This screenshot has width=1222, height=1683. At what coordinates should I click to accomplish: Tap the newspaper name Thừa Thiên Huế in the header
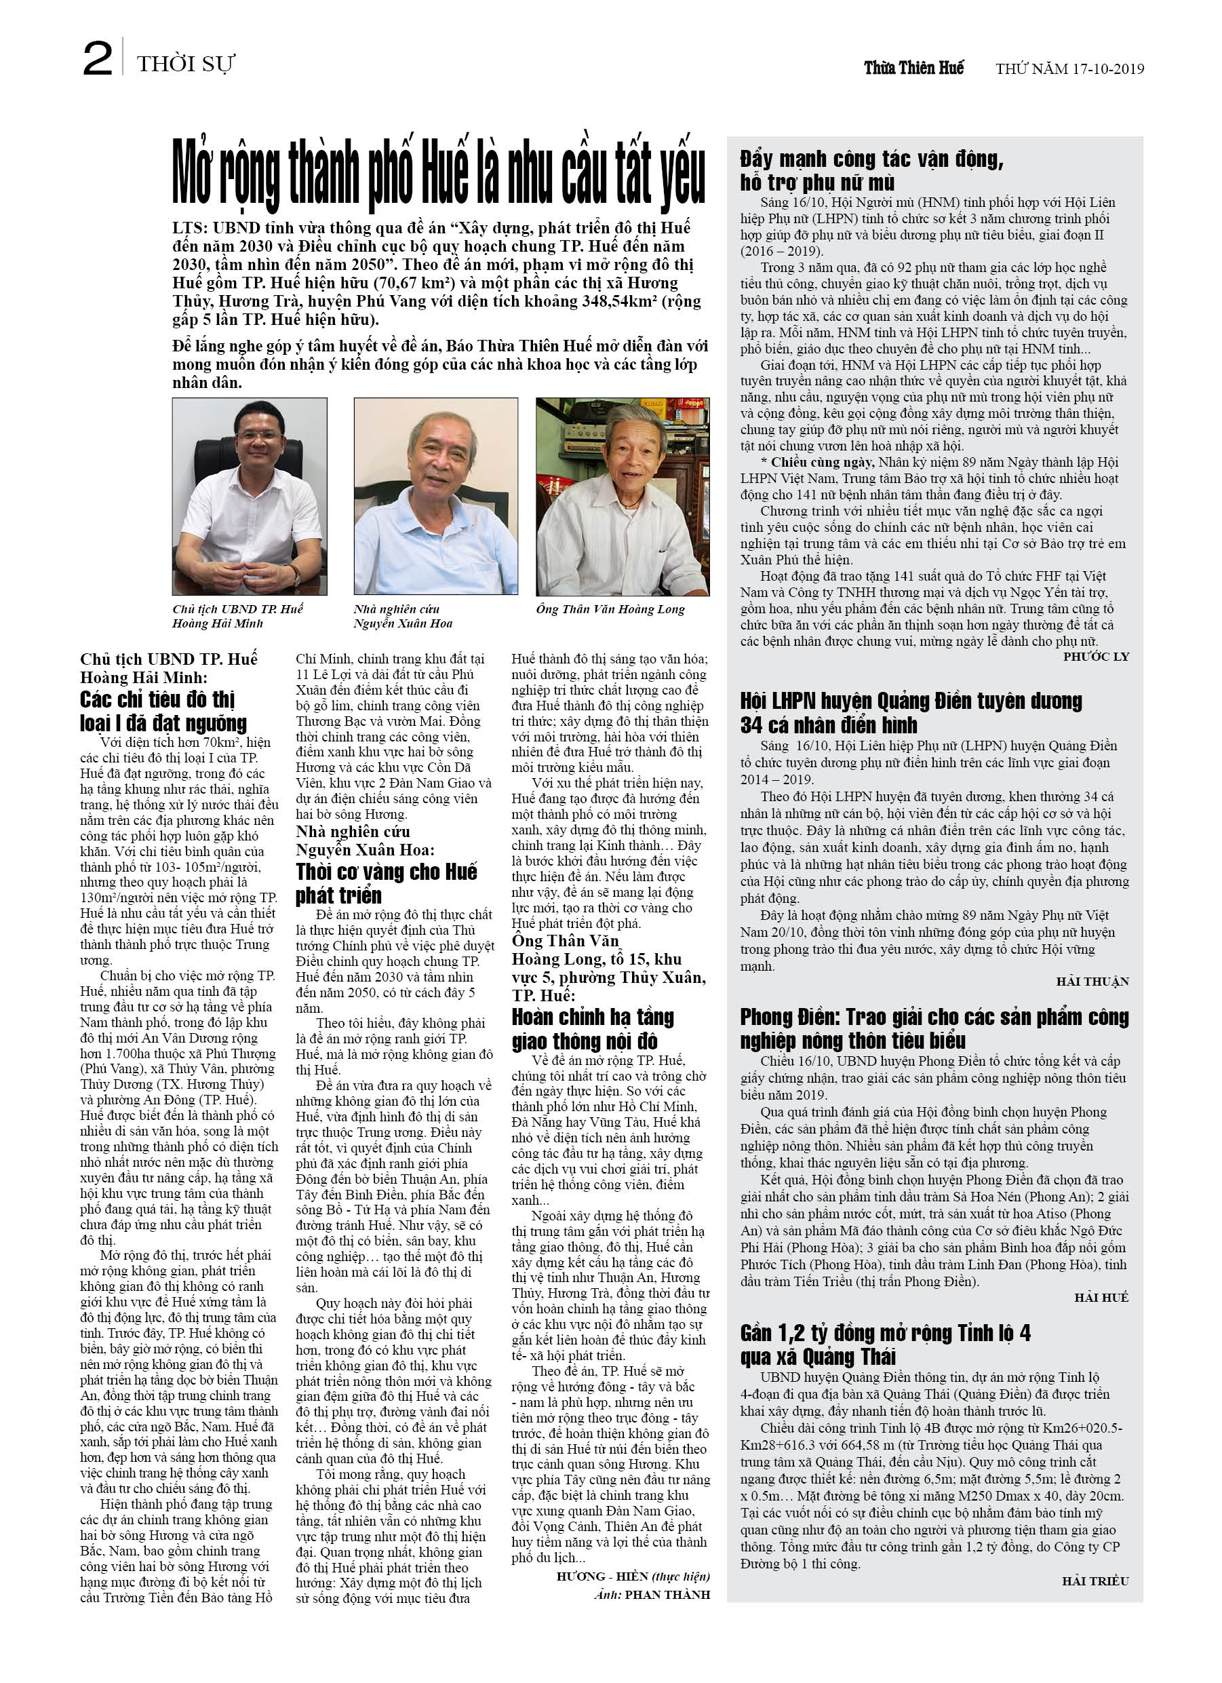pos(913,68)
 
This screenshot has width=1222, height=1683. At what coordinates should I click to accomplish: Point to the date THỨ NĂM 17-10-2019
pos(1069,69)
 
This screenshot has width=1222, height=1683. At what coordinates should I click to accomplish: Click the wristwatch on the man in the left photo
pos(294,575)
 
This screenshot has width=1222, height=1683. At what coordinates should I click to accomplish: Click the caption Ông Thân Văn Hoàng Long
pos(610,609)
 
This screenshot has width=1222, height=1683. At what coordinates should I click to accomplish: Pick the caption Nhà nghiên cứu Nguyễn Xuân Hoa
pos(403,616)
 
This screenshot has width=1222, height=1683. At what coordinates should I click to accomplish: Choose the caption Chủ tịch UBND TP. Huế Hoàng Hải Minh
pos(237,616)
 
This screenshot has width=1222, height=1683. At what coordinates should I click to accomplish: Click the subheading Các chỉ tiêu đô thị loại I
pos(163,711)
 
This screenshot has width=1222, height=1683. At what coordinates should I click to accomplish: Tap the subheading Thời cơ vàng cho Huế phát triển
pos(386,883)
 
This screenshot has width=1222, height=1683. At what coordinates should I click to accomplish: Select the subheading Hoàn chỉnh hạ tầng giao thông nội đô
pos(592,1028)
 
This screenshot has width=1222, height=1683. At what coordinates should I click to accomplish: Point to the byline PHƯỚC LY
pos(1095,657)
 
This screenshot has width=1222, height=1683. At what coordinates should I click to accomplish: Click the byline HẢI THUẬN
pos(1092,982)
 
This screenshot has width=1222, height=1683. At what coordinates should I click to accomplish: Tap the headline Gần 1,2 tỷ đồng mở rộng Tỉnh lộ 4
pos(884,1344)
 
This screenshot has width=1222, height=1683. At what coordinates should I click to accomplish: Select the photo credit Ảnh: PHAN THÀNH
pos(652,1594)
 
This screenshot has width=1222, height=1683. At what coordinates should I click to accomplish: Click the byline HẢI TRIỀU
pos(1095,1581)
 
